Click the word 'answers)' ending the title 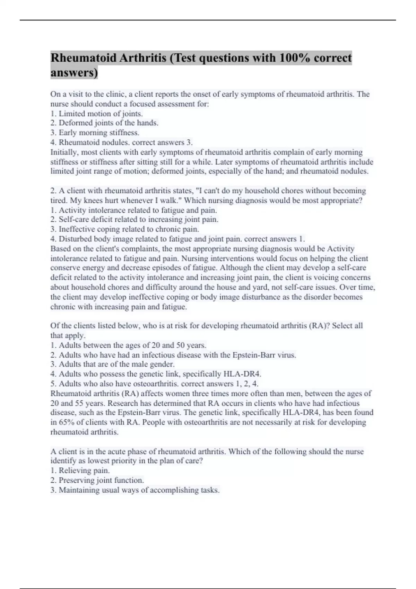(x=74, y=73)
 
